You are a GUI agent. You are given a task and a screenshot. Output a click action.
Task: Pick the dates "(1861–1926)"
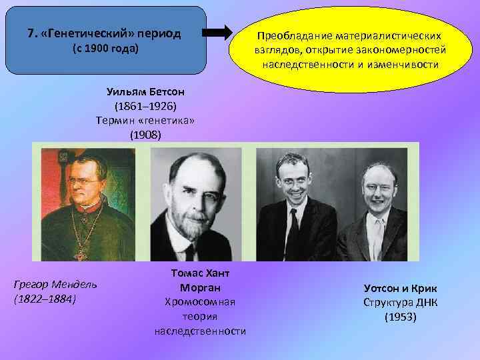145,106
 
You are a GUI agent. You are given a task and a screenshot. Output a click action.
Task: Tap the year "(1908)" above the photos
145,135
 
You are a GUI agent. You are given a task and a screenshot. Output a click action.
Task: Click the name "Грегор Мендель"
55,285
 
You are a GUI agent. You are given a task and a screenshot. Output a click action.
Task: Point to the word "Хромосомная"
200,302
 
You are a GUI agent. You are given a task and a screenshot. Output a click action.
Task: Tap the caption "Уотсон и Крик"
400,288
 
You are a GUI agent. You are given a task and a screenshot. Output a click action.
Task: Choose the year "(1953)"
400,317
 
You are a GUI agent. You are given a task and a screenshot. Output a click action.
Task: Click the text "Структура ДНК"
400,302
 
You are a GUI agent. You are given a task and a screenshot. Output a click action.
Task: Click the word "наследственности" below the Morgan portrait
200,331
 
